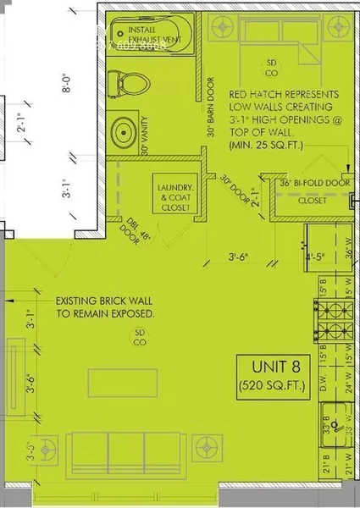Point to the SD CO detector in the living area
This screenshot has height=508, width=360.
[x=137, y=338]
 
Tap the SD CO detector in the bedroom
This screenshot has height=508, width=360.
[x=273, y=67]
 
